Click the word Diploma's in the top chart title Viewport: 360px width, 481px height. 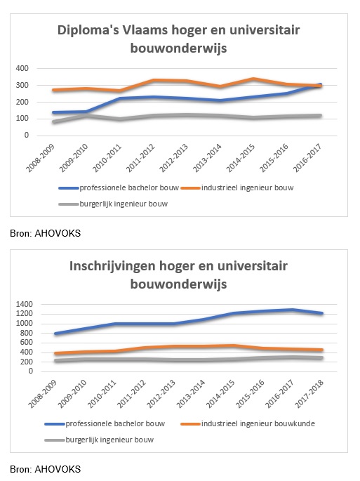coord(88,31)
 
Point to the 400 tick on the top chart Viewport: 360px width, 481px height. coord(22,68)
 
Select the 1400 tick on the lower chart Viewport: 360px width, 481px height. coord(25,304)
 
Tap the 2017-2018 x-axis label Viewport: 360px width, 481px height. coord(309,394)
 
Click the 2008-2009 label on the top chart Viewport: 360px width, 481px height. coord(40,158)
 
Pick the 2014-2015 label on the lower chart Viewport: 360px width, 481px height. coord(220,394)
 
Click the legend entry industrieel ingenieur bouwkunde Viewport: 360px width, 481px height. coord(248,423)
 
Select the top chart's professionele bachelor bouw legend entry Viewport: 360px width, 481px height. coord(119,187)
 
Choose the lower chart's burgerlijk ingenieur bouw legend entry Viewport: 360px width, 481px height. coord(99,440)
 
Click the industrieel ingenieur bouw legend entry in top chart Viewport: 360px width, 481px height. coord(237,187)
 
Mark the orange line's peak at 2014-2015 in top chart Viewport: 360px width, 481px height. coord(253,79)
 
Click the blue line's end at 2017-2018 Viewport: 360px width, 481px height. coord(321,313)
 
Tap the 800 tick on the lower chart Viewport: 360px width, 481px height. coord(27,333)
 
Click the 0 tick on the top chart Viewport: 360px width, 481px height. coord(27,136)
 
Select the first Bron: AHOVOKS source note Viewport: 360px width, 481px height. coord(46,233)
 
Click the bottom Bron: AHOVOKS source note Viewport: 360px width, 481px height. coord(46,469)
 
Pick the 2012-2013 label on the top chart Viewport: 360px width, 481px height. coord(174,158)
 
